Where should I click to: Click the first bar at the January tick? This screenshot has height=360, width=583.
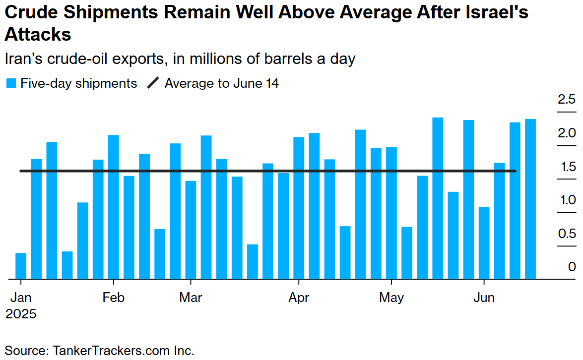[21, 266]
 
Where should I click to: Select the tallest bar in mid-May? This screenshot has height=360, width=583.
[438, 198]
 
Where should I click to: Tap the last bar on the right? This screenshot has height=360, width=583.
[530, 199]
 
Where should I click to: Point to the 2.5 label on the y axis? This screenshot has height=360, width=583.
[566, 100]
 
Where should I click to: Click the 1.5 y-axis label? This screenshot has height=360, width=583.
[566, 167]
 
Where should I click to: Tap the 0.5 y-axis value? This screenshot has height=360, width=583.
[566, 234]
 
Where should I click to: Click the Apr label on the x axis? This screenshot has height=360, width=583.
[299, 298]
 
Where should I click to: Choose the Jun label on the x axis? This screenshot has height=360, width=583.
[484, 298]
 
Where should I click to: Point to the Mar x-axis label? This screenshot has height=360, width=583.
[191, 298]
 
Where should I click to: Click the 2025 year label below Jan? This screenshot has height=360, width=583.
[21, 314]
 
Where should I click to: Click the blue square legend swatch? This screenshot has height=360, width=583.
[11, 83]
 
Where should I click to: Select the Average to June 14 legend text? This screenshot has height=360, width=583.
[222, 83]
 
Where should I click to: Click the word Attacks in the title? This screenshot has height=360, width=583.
[38, 35]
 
